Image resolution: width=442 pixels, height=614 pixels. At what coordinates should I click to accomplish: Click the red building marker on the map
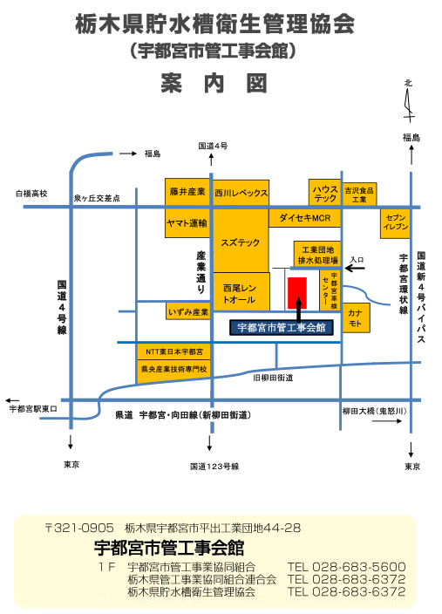coord(296,293)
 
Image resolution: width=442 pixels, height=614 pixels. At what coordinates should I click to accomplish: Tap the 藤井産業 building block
coord(187,192)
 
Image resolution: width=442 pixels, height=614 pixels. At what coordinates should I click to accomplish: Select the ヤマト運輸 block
coord(187,222)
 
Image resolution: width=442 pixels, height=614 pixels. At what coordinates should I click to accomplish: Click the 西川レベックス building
coord(241,193)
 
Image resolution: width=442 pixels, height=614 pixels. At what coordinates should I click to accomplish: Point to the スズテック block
coord(241,241)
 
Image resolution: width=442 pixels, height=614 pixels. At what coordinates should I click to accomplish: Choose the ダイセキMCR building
coord(304,218)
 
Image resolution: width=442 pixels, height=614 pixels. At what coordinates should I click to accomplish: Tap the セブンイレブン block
coord(396,223)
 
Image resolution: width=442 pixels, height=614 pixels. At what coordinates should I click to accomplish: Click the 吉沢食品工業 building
coord(359,194)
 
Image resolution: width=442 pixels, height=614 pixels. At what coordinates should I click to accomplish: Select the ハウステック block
coord(324,193)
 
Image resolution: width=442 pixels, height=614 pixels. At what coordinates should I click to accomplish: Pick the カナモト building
coord(357,318)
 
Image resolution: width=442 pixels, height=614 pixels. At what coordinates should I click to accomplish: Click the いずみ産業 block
coord(188,310)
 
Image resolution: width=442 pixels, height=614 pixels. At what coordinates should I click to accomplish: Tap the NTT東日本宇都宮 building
coord(173,351)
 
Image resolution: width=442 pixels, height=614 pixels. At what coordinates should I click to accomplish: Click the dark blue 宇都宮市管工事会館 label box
coord(282,328)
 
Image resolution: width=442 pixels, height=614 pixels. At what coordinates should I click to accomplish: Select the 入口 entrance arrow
coord(356,269)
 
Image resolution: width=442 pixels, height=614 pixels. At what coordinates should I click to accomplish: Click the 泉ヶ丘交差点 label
coord(97,199)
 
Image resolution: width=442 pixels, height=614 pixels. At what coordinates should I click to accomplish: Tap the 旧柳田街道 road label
coord(273,378)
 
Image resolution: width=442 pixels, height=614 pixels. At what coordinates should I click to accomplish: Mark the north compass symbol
coord(409,101)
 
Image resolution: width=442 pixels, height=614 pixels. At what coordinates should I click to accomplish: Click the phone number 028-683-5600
coord(358,567)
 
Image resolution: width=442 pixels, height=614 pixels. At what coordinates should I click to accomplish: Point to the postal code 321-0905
coord(84,528)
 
